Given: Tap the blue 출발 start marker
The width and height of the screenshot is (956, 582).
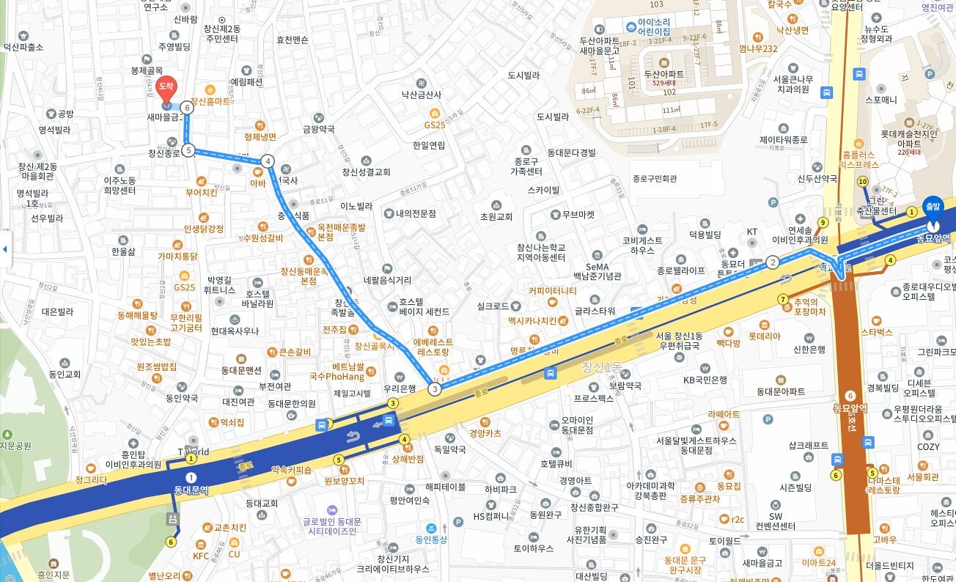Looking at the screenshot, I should click(x=932, y=207).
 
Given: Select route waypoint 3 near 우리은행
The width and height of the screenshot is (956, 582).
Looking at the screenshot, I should click(x=435, y=389).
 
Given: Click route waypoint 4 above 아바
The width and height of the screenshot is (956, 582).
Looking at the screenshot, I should click(x=268, y=161).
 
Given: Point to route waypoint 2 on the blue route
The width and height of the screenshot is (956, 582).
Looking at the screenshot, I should click(x=772, y=262).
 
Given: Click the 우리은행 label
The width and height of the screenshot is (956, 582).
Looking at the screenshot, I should click(x=400, y=388).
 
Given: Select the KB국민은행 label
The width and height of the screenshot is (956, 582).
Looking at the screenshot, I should click(x=705, y=380).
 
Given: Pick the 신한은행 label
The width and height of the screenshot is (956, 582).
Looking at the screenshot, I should click(x=809, y=349).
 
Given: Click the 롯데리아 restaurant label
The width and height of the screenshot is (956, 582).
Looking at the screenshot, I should click(x=764, y=336).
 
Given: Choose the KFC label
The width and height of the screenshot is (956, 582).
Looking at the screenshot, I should click(x=201, y=556).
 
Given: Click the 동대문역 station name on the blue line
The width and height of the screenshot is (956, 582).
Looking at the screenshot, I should click(x=191, y=490).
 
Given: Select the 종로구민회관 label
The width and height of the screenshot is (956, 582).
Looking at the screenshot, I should click(x=654, y=179).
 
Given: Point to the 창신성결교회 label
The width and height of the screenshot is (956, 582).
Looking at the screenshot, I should click(x=366, y=172).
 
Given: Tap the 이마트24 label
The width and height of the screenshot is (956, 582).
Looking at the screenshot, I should click(x=819, y=563).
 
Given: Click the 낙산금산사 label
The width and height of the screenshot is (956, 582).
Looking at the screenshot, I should click(x=422, y=95).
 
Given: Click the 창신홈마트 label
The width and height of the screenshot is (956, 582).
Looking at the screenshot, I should click(x=210, y=101).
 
